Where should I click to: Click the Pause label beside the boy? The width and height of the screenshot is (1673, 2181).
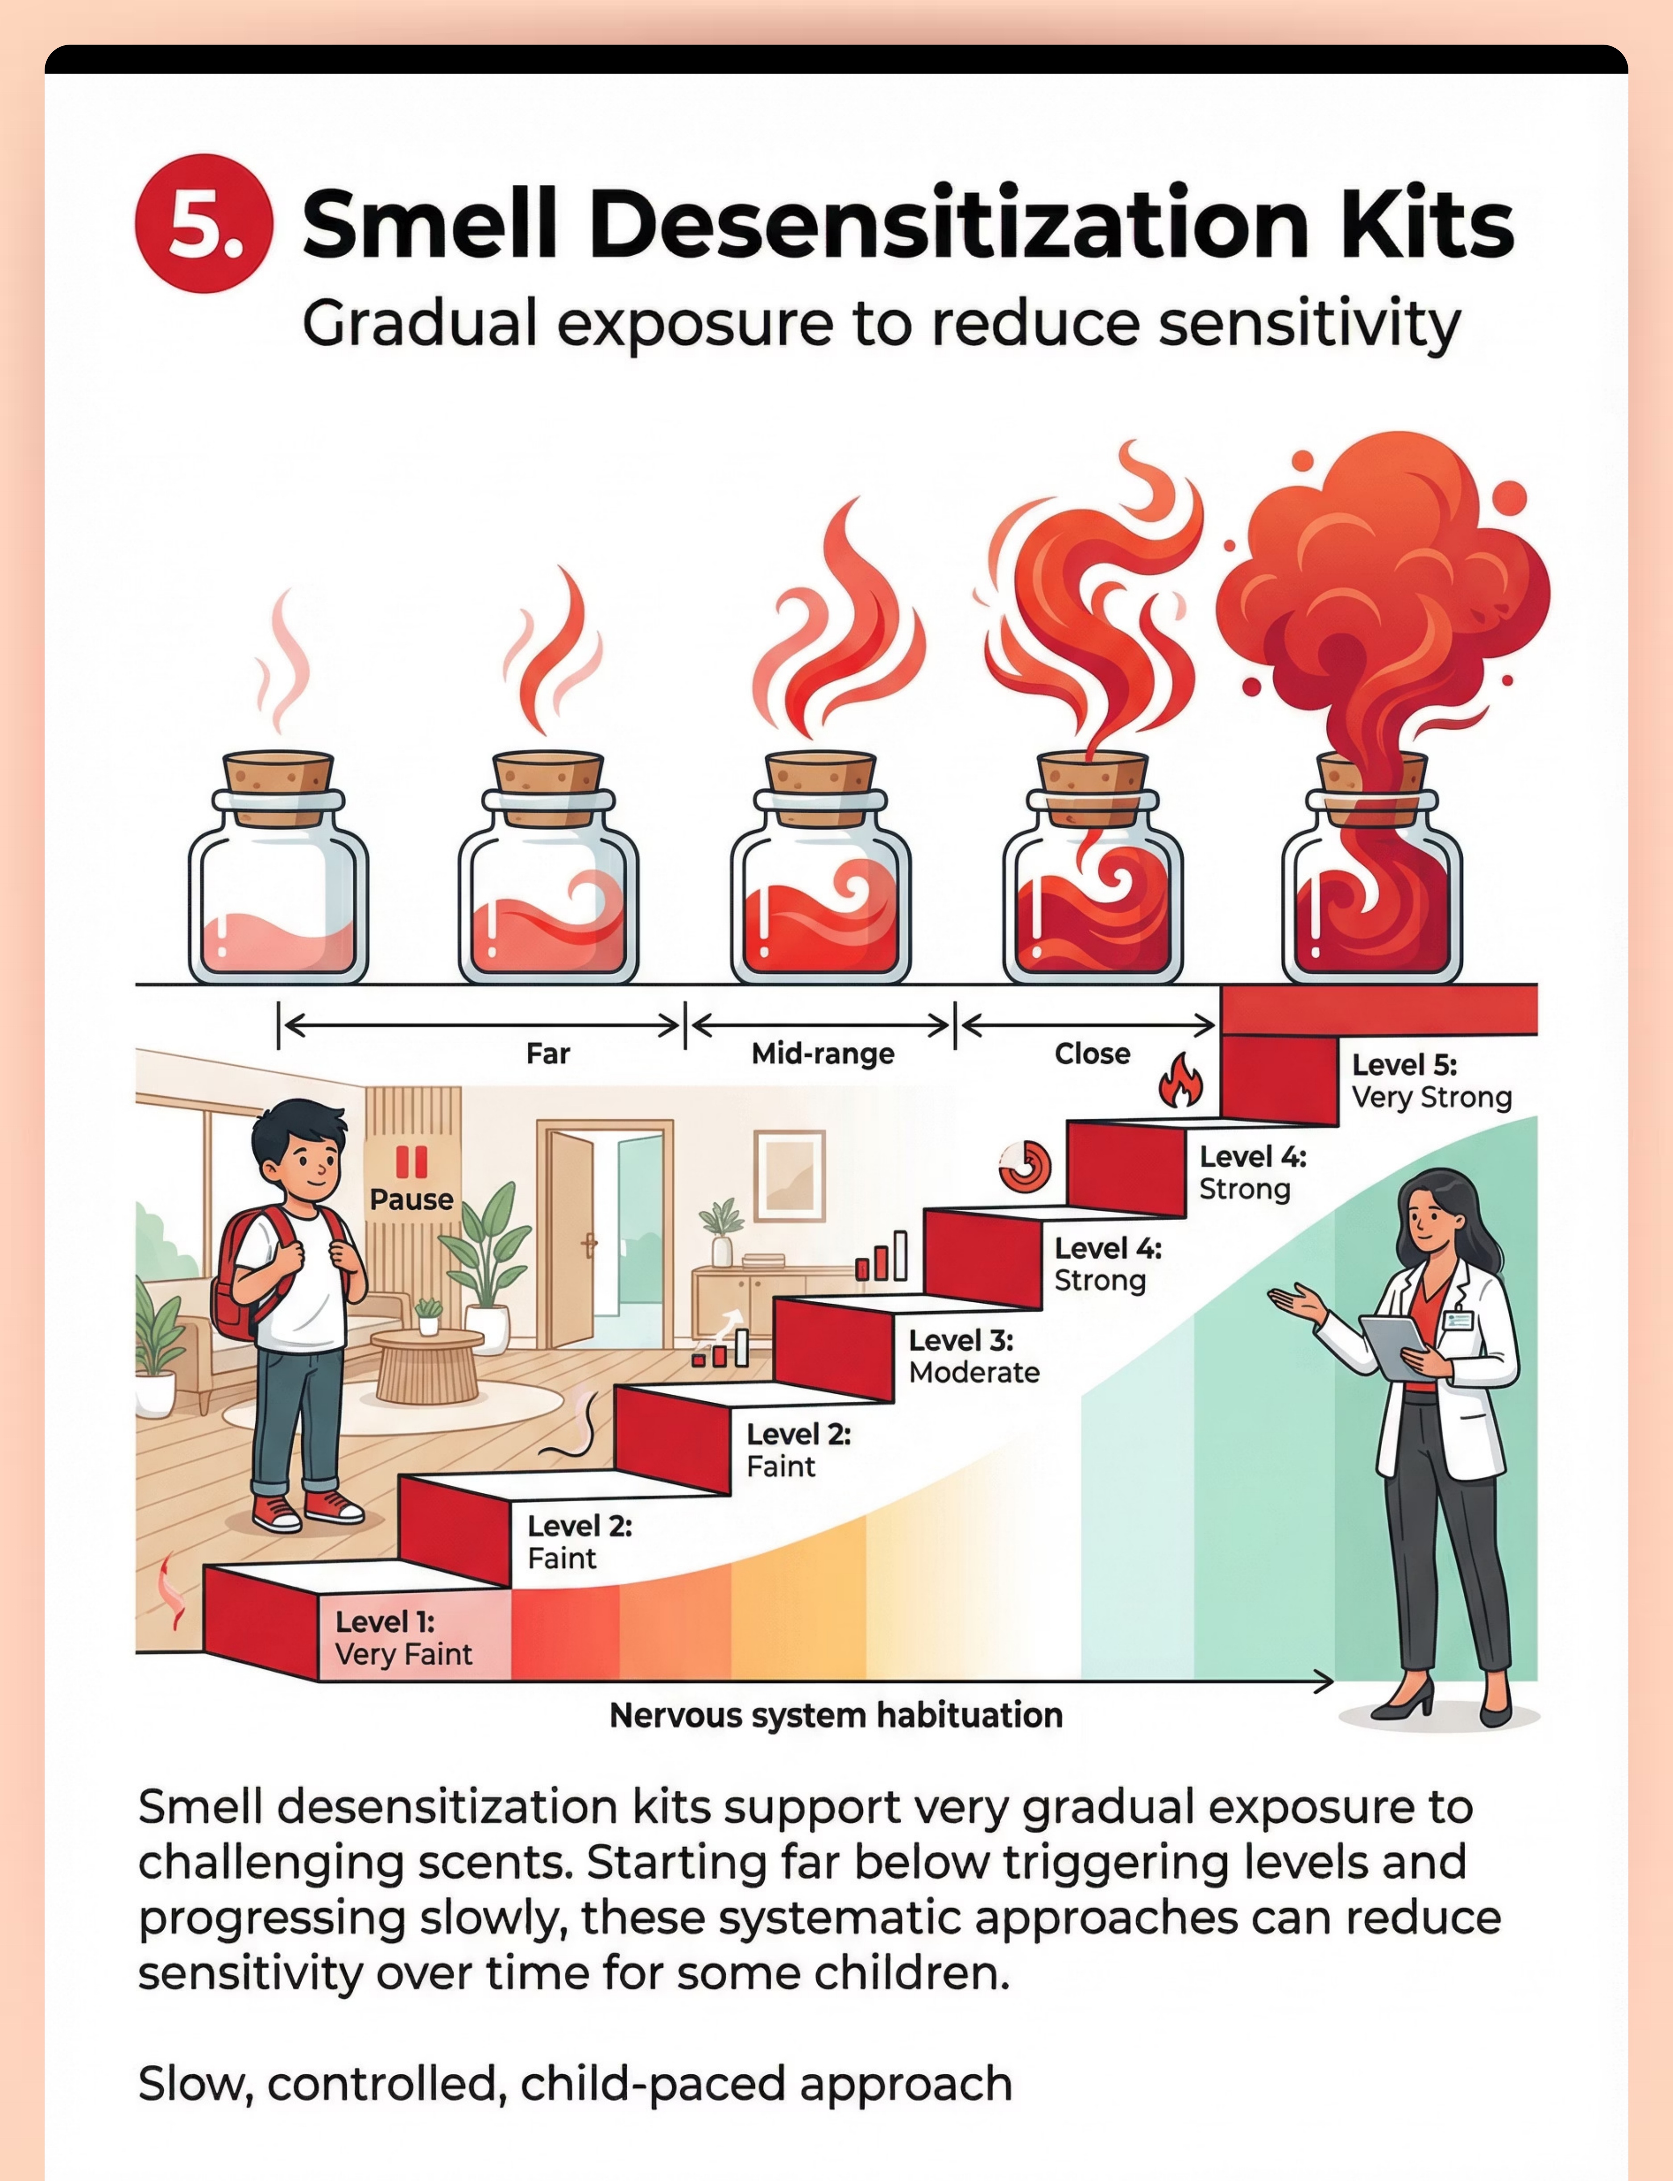click(x=411, y=1199)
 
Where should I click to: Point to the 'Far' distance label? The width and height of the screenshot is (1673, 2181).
click(x=548, y=1054)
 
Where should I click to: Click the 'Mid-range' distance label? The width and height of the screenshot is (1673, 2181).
click(x=823, y=1054)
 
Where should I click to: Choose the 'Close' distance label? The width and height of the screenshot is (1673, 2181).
click(x=1093, y=1054)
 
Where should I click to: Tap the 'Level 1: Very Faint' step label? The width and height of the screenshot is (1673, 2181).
click(x=403, y=1638)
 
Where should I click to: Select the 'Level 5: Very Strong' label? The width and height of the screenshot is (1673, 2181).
click(x=1431, y=1080)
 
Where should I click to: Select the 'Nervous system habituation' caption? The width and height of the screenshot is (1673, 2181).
click(x=836, y=1715)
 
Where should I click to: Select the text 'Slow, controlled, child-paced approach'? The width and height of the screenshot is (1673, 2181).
click(x=575, y=2083)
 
